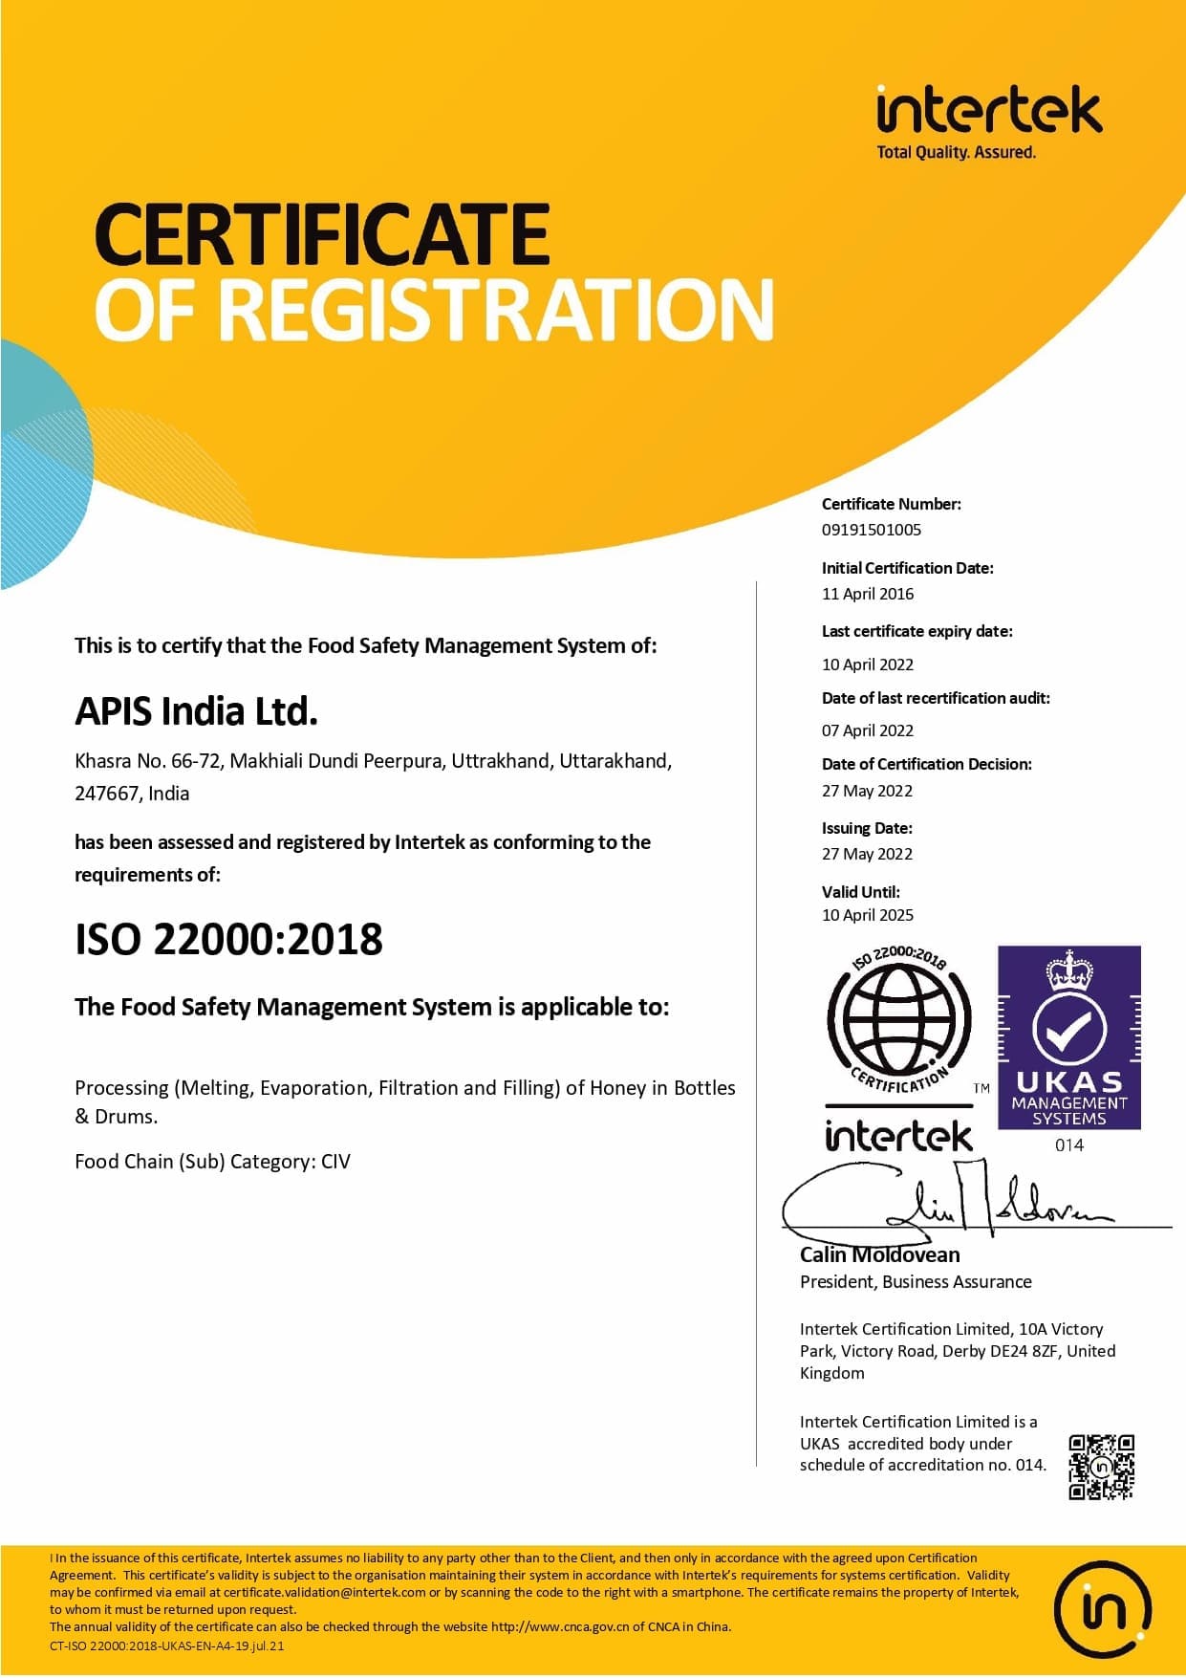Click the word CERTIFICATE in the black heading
pos(322,234)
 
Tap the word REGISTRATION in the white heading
pos(502,309)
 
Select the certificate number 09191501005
pos(871,530)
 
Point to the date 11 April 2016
pos(867,594)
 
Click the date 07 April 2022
pos(867,730)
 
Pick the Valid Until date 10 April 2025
pos(867,915)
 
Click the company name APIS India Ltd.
pos(196,711)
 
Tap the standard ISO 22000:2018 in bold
pos(228,939)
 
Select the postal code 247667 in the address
pos(106,794)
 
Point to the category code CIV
pos(335,1162)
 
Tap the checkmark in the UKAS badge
pos(1068,1029)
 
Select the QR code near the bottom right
pos(1101,1466)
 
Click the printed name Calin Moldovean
pos(879,1254)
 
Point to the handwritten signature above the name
pos(946,1205)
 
